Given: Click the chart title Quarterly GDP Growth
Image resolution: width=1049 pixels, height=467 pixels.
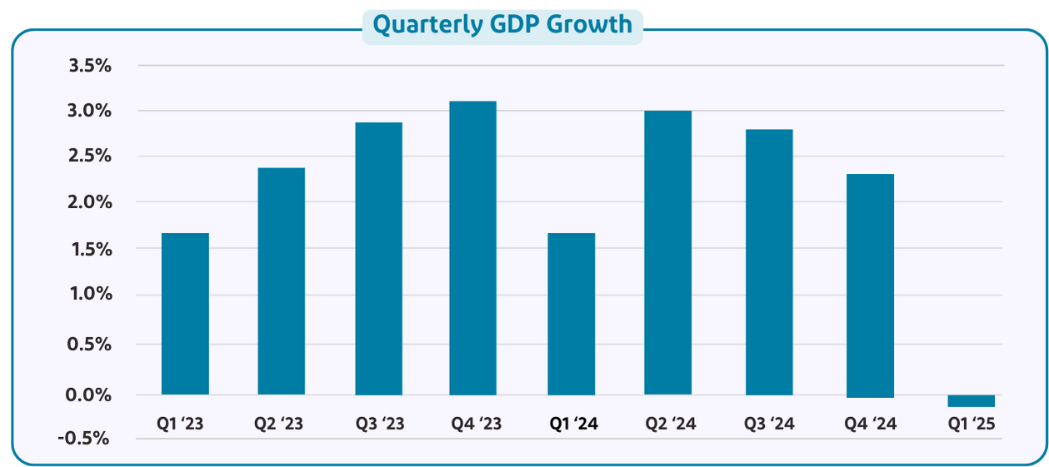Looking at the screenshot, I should point(502,25).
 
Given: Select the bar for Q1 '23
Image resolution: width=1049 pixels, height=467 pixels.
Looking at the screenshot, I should point(185,314).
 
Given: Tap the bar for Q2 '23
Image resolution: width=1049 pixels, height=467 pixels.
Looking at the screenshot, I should point(281,281).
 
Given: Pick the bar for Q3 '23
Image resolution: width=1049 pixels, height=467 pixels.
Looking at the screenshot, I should point(378,259).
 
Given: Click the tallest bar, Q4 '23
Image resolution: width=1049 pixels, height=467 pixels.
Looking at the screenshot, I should point(472,248).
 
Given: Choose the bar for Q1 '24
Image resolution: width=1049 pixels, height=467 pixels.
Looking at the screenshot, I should point(571,314).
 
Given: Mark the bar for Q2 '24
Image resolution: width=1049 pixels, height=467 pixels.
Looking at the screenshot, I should point(667,253).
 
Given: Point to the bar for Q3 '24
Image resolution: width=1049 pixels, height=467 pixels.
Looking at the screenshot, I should point(769,262).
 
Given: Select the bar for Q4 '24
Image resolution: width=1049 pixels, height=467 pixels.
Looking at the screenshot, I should point(870,286).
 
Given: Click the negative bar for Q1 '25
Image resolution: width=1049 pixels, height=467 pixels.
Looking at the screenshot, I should point(971,401).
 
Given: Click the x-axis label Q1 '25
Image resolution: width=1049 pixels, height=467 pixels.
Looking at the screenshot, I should point(972,424).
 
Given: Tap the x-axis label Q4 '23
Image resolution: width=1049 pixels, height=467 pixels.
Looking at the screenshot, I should point(477,424).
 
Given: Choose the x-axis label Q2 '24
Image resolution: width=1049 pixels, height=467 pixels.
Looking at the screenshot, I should point(671,424).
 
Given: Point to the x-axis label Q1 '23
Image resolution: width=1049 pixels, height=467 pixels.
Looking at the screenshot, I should point(180,424).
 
